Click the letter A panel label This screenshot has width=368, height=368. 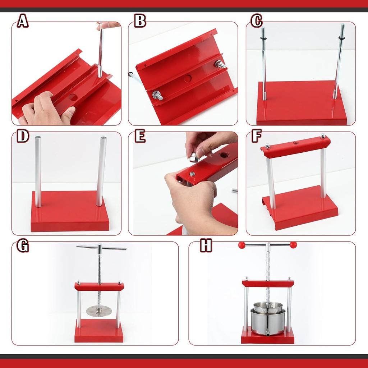(23, 22)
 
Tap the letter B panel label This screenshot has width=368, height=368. (140, 22)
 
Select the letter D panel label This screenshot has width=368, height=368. (23, 136)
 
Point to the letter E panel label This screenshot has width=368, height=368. (140, 136)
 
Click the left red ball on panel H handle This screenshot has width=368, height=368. (241, 245)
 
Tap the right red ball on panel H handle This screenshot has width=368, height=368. (293, 245)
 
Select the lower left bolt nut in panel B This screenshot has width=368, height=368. (158, 96)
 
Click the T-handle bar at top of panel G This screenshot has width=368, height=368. (101, 247)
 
